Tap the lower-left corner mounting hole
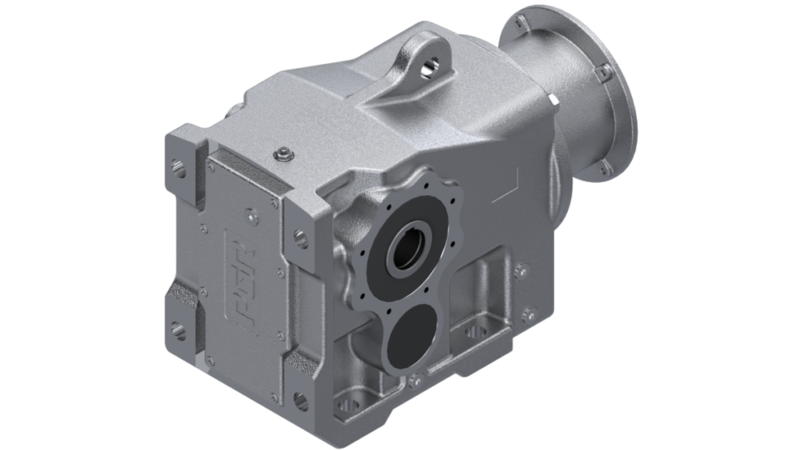tap(178, 328)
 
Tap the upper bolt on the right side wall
tap(522, 269)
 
